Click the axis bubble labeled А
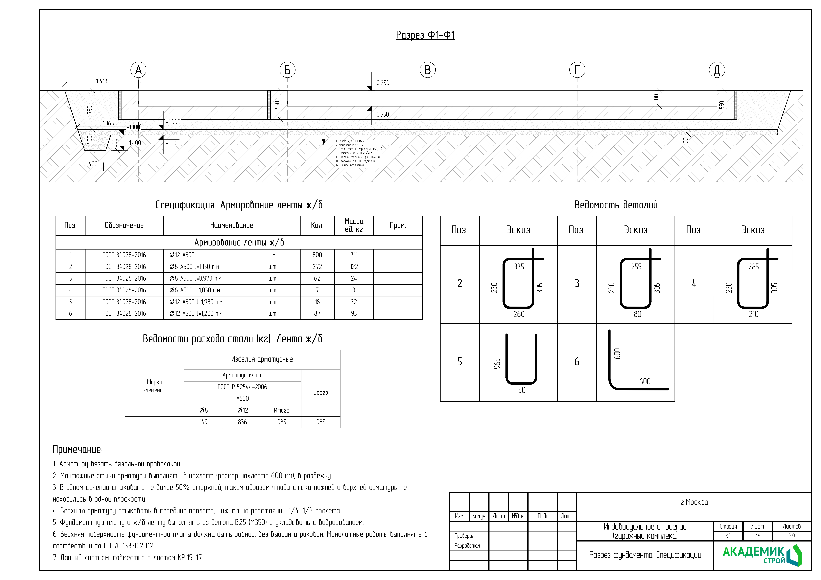pyautogui.click(x=138, y=70)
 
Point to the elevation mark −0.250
pyautogui.click(x=381, y=83)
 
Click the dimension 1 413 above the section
pyautogui.click(x=102, y=81)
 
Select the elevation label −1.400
pyautogui.click(x=134, y=143)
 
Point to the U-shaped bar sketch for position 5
pyautogui.click(x=521, y=359)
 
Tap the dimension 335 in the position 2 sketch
pyautogui.click(x=519, y=267)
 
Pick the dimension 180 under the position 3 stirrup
pyautogui.click(x=636, y=314)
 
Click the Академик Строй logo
pyautogui.click(x=762, y=555)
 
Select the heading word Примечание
pyautogui.click(x=77, y=449)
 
